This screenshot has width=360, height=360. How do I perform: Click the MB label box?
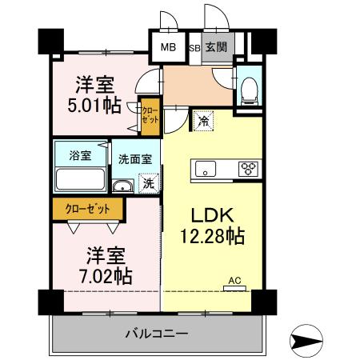point(168,47)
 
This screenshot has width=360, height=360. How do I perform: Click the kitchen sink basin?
point(206,169)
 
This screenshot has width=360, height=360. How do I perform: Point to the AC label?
point(235,280)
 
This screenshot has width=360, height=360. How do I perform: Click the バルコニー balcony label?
point(157,332)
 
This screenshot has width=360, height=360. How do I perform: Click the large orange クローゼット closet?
point(88,209)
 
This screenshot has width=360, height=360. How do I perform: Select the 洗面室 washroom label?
point(134,158)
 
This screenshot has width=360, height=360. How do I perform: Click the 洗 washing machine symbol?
point(147,183)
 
